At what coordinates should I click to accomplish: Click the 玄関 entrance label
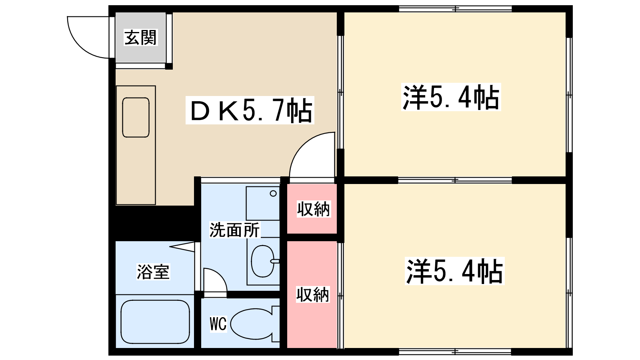pyautogui.click(x=140, y=38)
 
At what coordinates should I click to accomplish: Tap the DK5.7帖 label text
pyautogui.click(x=250, y=110)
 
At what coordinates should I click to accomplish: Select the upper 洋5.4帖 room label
pyautogui.click(x=451, y=97)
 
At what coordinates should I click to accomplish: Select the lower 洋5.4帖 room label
pyautogui.click(x=454, y=271)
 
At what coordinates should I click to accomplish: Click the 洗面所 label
pyautogui.click(x=234, y=230)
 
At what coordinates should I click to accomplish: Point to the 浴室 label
pyautogui.click(x=153, y=272)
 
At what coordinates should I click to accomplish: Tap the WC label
pyautogui.click(x=218, y=324)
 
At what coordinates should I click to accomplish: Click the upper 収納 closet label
pyautogui.click(x=313, y=209)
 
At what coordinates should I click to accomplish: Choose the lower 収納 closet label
pyautogui.click(x=312, y=294)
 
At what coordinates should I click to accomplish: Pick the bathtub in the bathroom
pyautogui.click(x=155, y=322)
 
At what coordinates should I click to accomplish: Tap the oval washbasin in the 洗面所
pyautogui.click(x=262, y=261)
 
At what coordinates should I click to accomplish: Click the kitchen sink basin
pyautogui.click(x=136, y=117)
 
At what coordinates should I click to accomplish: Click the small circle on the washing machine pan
pyautogui.click(x=273, y=194)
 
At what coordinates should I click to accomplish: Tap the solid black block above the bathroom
pyautogui.click(x=152, y=223)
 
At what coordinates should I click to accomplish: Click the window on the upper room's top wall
pyautogui.click(x=455, y=9)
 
